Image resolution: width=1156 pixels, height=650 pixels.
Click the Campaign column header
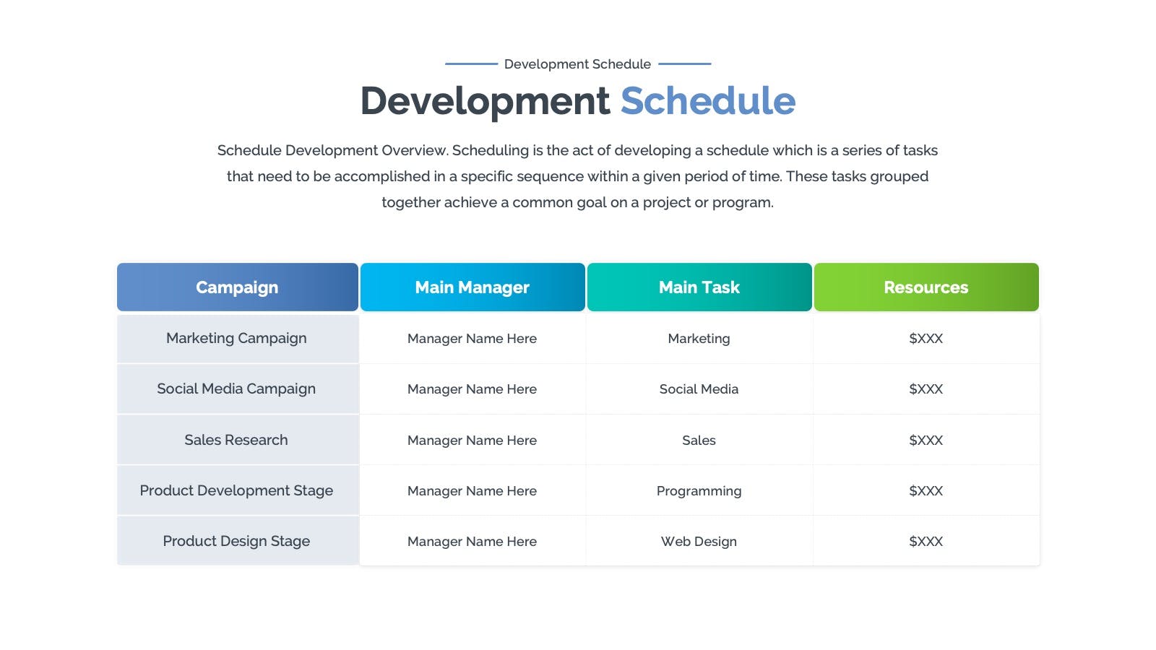tap(238, 287)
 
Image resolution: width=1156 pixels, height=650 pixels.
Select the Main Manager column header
tap(473, 287)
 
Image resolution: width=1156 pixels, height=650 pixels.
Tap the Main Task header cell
tap(699, 287)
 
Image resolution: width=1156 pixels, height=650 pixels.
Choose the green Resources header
tap(926, 287)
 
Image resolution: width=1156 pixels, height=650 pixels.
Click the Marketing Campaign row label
tap(236, 339)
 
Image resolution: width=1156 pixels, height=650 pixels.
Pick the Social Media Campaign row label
tap(236, 389)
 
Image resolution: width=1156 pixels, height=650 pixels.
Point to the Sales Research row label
tap(236, 440)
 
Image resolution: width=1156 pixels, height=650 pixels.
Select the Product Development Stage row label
tap(236, 490)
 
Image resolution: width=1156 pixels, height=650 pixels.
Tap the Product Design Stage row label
tap(236, 541)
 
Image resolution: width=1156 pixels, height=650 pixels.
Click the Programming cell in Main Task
tap(699, 491)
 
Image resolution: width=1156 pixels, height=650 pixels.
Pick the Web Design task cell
tap(699, 542)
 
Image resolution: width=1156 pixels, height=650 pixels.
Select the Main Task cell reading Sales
tap(699, 440)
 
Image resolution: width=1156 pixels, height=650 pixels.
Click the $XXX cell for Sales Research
tap(926, 440)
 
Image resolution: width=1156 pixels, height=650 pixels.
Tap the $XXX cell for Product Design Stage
tap(926, 541)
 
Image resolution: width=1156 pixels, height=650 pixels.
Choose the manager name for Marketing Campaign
tap(473, 339)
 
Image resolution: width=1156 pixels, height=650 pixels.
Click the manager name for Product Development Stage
tap(473, 490)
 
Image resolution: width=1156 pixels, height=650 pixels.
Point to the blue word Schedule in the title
tap(708, 100)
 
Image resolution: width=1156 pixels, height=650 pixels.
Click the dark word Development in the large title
tap(485, 102)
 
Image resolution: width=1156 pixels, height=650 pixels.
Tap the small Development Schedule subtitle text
tap(577, 64)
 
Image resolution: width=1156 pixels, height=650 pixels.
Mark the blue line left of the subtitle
tap(471, 64)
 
